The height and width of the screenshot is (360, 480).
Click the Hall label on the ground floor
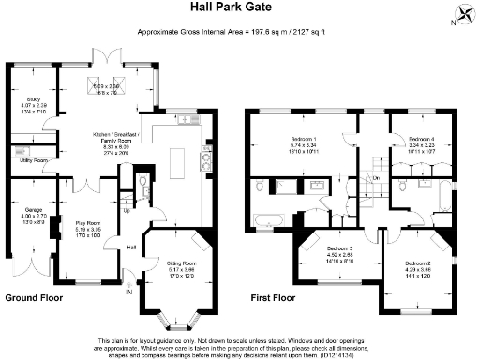pos(132,247)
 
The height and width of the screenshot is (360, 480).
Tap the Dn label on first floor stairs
pos(376,177)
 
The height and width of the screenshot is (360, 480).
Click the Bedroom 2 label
pos(418,265)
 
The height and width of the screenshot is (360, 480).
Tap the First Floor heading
pos(275,297)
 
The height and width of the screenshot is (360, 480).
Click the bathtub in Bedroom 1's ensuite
pos(269,220)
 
